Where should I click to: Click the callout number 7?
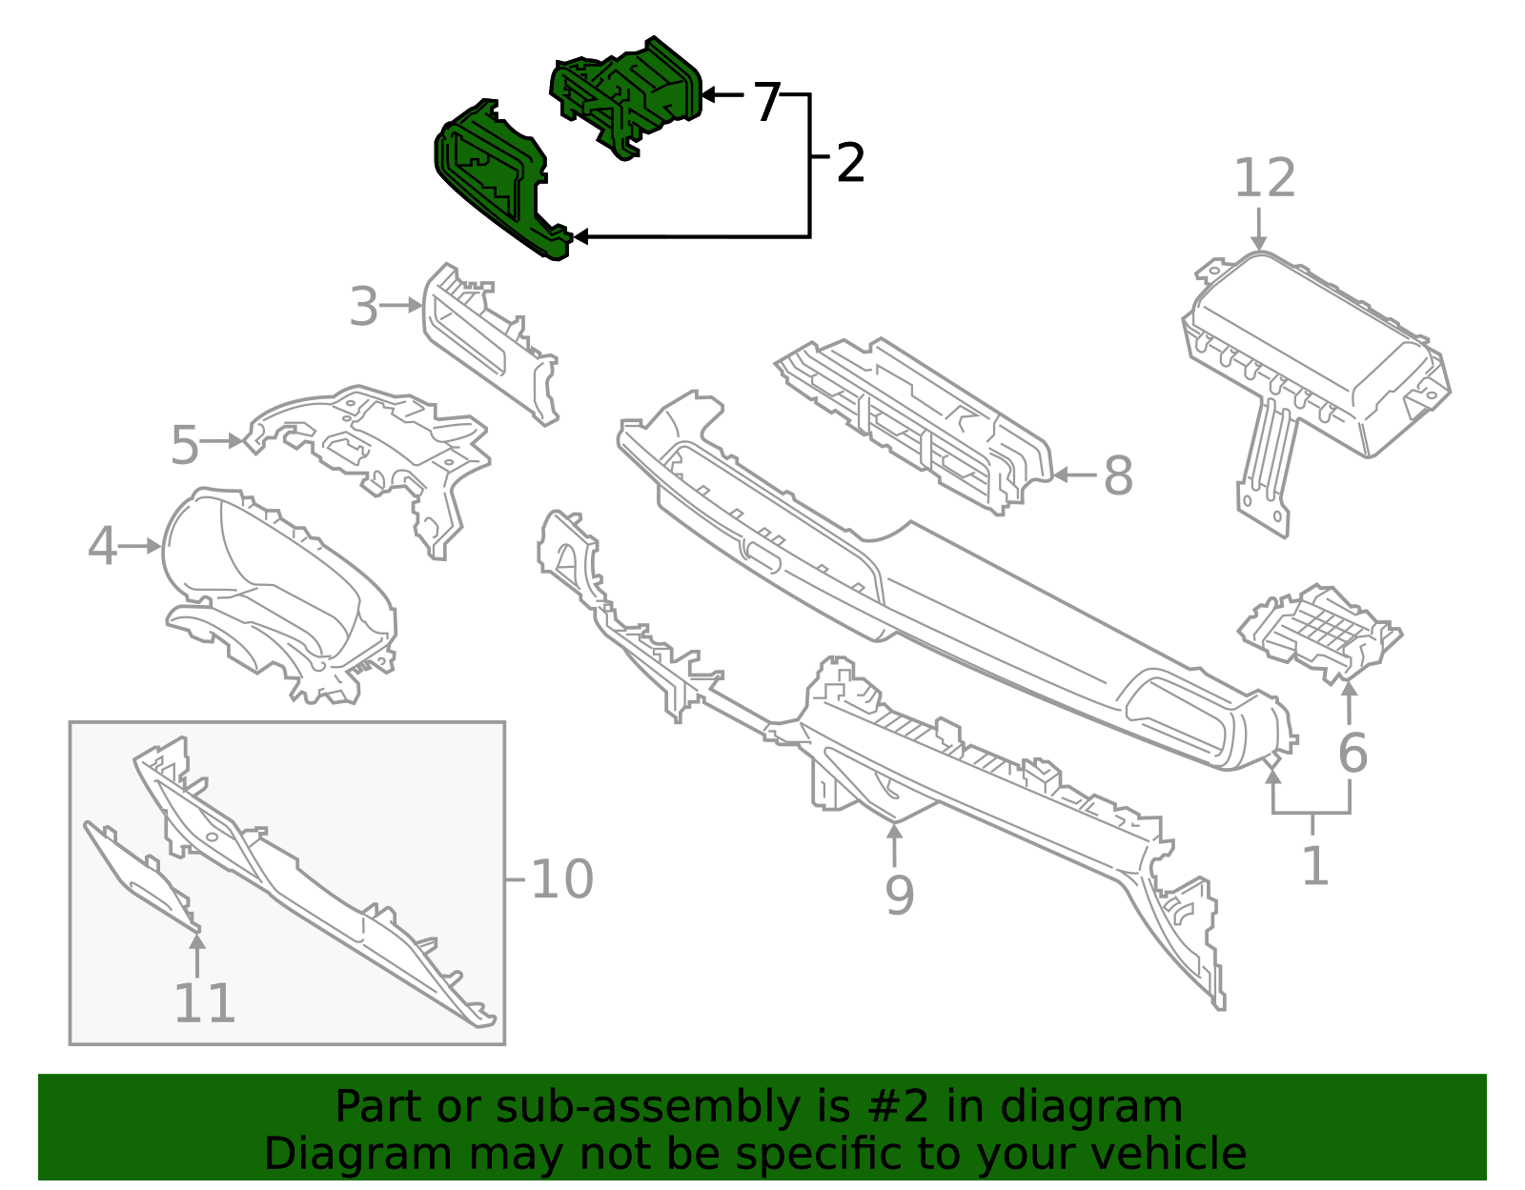coord(767,102)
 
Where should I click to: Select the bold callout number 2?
coord(850,163)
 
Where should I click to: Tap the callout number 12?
coord(1264,177)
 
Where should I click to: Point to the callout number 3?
coord(364,307)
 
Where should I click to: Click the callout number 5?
coord(185,444)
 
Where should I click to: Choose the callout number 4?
coord(103,546)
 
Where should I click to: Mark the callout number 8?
coord(1119,475)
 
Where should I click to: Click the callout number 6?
coord(1353,753)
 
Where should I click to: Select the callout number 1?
coord(1315,864)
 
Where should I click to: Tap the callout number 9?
coord(900,895)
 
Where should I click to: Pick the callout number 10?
coord(562,878)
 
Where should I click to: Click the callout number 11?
coord(204,1002)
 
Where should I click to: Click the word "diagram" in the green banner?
coord(1090,1106)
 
